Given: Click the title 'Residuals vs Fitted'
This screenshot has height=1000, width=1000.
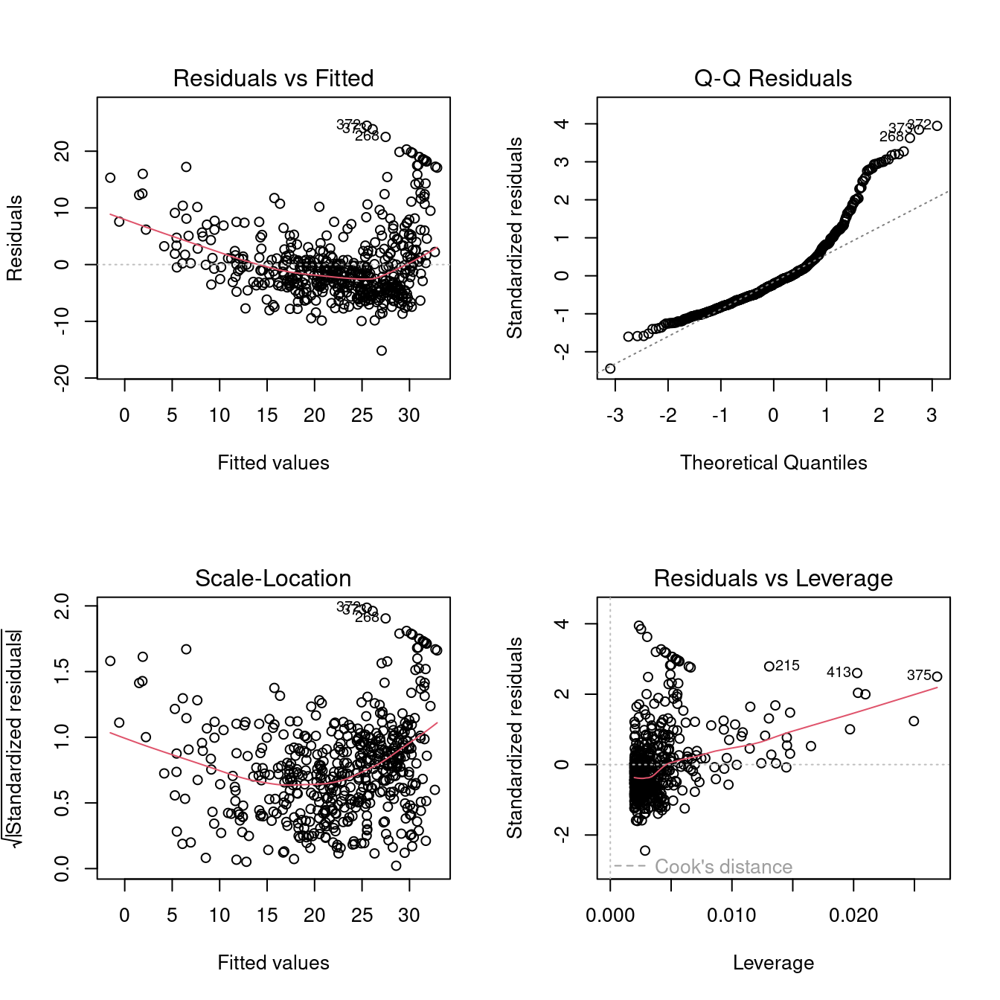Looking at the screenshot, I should click(273, 78).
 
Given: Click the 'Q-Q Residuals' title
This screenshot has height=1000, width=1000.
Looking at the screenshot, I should click(773, 78).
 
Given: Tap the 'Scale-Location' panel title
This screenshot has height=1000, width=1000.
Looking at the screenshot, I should click(273, 578).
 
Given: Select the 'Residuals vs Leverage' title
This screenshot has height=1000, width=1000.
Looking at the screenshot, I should click(773, 578).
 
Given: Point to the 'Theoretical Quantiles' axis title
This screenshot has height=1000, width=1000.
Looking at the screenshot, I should click(773, 463).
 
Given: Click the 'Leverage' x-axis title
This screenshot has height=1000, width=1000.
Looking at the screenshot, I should click(773, 963).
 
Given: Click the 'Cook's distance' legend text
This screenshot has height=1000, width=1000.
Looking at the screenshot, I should click(723, 867).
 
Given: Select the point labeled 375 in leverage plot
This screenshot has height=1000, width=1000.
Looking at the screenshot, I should click(937, 676).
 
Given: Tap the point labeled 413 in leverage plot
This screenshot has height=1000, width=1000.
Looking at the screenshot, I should click(857, 673).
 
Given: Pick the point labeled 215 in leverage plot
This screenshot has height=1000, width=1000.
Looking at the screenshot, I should click(769, 667).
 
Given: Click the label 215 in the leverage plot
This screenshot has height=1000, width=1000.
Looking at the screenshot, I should click(787, 666).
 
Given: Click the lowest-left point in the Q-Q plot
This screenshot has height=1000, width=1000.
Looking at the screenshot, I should click(610, 368).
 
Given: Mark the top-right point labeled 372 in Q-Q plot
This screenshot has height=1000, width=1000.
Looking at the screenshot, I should click(937, 126).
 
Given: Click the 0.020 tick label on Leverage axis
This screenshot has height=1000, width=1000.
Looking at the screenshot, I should click(853, 916).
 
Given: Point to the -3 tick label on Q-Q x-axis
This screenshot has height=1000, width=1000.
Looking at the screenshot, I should click(615, 416).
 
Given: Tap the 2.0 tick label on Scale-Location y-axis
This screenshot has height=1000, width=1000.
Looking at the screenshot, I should click(62, 606).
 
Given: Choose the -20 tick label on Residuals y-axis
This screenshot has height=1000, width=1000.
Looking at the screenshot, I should click(62, 378).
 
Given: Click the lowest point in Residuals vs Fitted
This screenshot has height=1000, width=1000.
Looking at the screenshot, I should click(382, 350).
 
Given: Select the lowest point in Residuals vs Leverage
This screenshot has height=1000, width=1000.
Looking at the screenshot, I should click(644, 850).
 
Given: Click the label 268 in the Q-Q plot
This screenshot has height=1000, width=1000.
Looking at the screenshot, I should click(891, 137).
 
